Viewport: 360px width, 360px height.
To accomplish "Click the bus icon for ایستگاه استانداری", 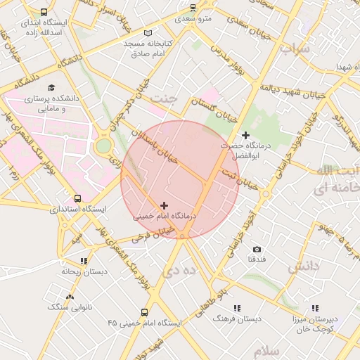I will (x=77, y=198).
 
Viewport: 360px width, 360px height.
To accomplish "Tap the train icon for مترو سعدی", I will (x=193, y=8).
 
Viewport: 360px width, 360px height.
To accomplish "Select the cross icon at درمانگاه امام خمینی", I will (x=165, y=205).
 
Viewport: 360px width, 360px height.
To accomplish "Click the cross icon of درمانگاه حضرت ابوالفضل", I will (x=245, y=134).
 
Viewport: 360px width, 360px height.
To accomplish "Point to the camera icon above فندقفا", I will (x=257, y=250).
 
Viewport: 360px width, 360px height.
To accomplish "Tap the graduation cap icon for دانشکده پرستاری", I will (x=52, y=86).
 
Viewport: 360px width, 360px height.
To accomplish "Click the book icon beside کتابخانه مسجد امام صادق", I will (x=147, y=33).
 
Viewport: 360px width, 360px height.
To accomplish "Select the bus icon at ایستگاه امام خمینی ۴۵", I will (x=144, y=312).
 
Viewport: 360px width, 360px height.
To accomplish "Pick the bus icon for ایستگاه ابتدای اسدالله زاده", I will (x=45, y=13).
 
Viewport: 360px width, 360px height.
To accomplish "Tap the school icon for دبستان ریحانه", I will (x=84, y=261).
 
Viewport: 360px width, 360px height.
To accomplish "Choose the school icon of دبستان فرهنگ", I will (x=236, y=308).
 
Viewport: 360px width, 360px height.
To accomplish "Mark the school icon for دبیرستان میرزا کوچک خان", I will (x=316, y=308).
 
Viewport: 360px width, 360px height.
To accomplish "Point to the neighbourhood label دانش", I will (x=304, y=266).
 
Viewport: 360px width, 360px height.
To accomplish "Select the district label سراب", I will (x=294, y=49).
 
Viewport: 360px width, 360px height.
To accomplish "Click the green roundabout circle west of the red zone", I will (x=104, y=146).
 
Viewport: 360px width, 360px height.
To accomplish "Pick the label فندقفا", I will (x=256, y=260).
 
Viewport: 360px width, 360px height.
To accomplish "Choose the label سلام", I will (x=267, y=350).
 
